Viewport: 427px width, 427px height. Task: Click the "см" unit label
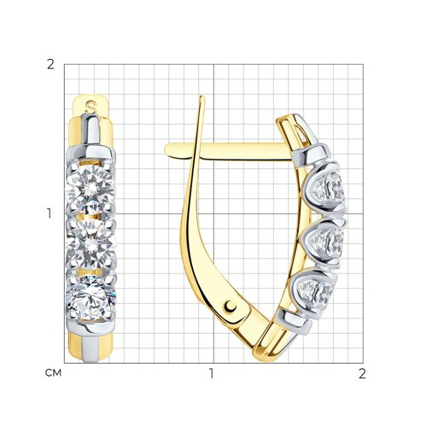[53, 373]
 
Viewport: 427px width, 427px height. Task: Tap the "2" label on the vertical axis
[50, 65]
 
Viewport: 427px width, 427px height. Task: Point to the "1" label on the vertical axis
[50, 213]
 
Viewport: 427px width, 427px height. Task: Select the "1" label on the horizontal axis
[211, 373]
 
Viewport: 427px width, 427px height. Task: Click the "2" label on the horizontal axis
[362, 373]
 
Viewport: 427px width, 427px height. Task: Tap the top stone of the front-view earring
[91, 187]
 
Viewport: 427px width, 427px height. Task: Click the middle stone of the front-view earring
[91, 244]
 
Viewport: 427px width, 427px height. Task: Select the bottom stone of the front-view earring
[91, 297]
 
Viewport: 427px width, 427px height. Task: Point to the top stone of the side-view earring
[329, 189]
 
